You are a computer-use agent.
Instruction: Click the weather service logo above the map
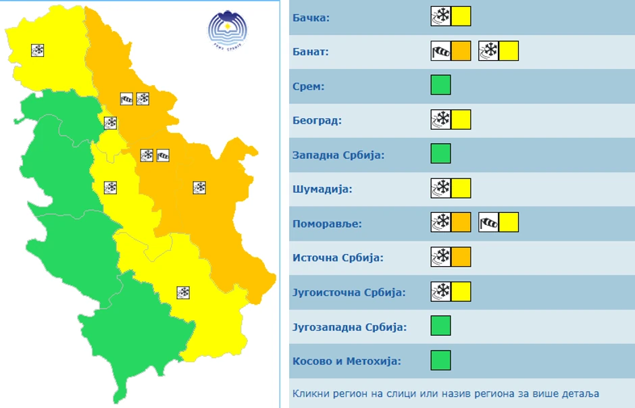pos(228,31)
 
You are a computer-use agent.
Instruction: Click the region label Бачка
pos(311,17)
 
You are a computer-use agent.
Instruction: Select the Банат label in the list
pos(310,51)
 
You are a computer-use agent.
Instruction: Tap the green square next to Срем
pos(440,85)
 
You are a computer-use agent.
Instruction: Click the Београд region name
pos(317,121)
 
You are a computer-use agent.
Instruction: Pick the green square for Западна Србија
pos(440,154)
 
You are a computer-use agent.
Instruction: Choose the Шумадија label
pos(322,189)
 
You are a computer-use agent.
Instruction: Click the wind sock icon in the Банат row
pos(440,51)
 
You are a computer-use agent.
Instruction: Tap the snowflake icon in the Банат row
pos(488,51)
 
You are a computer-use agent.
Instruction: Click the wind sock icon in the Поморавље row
pos(488,222)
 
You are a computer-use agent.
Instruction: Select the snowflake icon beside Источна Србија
pos(440,257)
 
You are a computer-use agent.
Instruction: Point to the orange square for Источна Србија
pos(461,257)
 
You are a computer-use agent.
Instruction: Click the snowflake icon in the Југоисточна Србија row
pos(440,291)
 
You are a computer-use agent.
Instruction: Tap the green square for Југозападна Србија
pos(440,326)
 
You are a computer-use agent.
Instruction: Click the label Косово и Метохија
pos(347,361)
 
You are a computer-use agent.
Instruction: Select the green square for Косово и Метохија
pos(440,360)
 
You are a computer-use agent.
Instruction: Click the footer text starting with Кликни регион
pos(446,393)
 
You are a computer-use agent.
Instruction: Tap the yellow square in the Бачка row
pos(461,16)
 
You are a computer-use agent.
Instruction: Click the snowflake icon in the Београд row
pos(440,120)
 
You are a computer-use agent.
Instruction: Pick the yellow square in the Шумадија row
pos(461,188)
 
